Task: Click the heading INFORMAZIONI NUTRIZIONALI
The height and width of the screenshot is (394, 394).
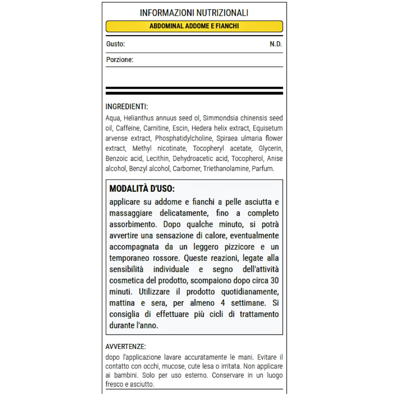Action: pos(194,13)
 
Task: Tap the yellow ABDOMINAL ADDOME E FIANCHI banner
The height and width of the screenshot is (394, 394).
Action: pos(194,26)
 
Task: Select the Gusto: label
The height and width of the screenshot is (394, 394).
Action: pos(115,44)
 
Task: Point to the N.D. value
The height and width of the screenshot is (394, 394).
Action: pos(276,44)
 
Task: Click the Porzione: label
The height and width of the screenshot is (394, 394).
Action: pos(120,60)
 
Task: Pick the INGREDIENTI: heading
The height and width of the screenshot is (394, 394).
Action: pos(127,107)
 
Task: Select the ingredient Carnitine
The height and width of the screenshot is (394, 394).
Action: pos(156,128)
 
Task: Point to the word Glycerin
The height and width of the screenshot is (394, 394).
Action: pos(271,149)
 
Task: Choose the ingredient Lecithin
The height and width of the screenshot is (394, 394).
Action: pos(158,158)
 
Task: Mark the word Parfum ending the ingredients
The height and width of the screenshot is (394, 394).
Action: pos(263,169)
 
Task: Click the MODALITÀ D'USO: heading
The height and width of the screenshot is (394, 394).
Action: pos(142,188)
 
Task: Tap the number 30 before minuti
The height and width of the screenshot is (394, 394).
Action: pos(275,281)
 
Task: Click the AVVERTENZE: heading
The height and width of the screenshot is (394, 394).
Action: pos(126,347)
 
